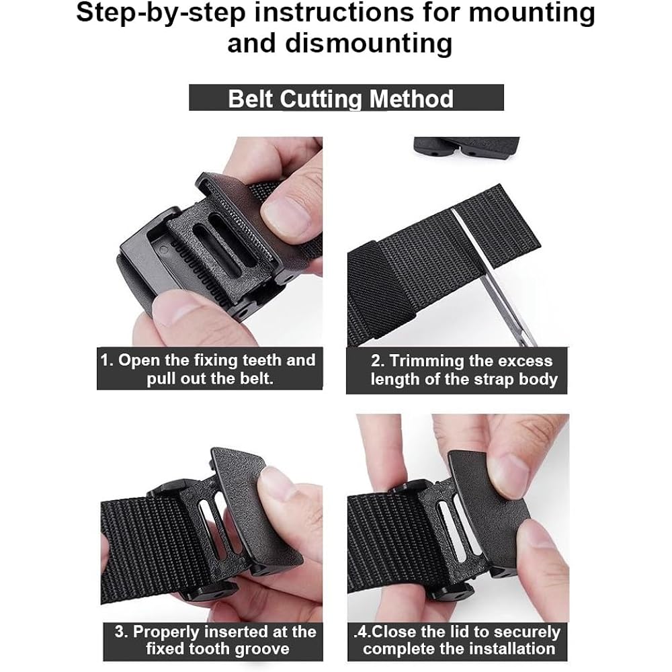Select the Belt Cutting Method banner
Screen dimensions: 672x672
345,98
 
